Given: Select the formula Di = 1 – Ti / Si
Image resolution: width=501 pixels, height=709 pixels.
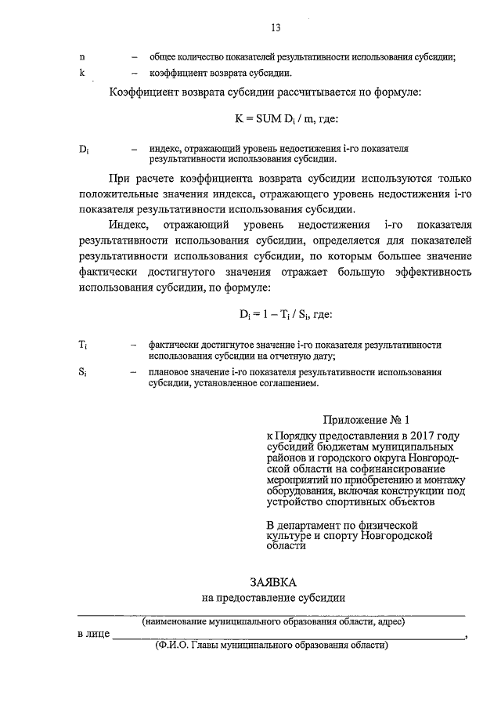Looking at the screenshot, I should point(286,314).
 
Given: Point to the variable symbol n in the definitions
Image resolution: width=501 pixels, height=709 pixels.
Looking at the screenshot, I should point(82,57).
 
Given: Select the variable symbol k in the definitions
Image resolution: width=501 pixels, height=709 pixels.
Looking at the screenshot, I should point(82,74).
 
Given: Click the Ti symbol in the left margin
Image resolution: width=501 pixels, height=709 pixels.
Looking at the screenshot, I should point(83,345).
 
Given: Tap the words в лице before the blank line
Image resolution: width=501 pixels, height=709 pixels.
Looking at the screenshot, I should point(93,635).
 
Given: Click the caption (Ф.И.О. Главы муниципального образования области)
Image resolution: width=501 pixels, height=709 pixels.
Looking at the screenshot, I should point(272,647).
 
